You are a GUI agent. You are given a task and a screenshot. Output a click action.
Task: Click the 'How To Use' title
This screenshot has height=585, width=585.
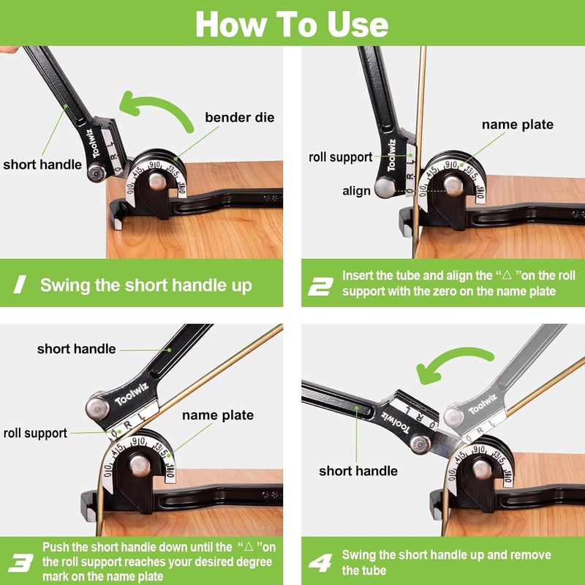point(292,24)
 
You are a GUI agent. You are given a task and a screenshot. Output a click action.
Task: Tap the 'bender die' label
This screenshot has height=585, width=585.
point(240,118)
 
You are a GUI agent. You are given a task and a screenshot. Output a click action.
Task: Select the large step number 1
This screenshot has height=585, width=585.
point(20,284)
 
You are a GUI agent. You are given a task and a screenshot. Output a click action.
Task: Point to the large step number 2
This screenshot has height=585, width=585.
point(320,287)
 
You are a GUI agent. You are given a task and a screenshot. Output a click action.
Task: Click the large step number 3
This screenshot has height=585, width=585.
point(21,563)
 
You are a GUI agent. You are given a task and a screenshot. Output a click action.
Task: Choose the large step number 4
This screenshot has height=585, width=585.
point(320,563)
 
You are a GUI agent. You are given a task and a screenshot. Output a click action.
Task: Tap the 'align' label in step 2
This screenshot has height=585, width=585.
point(356,191)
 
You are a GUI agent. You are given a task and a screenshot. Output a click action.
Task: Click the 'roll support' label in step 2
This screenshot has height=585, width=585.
point(340,157)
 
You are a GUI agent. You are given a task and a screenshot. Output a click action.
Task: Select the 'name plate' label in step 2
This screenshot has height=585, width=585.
point(518,124)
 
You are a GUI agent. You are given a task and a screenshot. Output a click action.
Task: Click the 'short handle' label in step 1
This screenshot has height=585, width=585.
point(42,165)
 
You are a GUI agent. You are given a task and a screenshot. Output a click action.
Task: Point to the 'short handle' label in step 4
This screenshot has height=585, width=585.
point(358,471)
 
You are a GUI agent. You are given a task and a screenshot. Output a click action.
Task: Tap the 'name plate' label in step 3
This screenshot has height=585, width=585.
point(218,415)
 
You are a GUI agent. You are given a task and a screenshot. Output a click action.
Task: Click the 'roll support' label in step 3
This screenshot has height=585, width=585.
point(35,433)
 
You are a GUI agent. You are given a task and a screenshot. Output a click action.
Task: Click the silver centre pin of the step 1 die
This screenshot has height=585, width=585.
point(157,181)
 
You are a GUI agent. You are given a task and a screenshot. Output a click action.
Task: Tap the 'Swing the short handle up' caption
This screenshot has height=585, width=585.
point(146,285)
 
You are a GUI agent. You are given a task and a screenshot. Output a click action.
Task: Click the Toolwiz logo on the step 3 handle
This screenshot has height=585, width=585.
point(132,394)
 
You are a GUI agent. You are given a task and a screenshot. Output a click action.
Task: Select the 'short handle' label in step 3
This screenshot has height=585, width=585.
point(77,349)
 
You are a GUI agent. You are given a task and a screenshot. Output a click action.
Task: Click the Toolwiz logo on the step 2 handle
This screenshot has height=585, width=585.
point(391,155)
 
